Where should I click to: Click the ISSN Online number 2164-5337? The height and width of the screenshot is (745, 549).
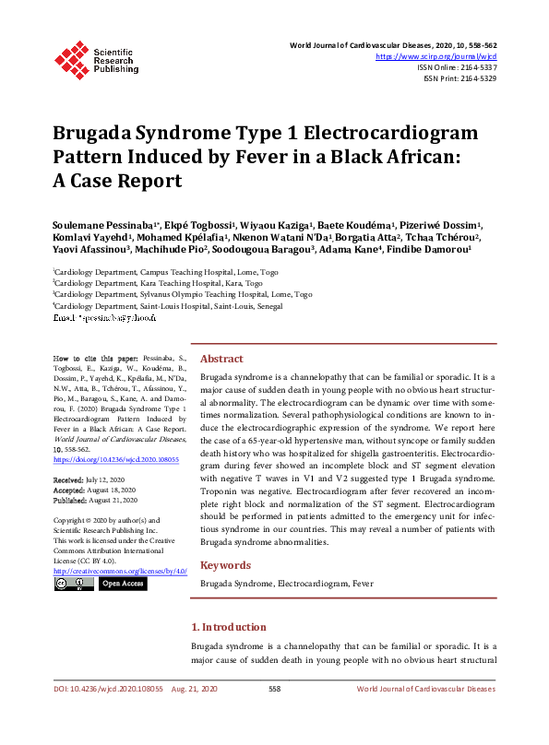(475, 67)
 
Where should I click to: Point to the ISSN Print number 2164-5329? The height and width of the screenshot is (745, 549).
(475, 78)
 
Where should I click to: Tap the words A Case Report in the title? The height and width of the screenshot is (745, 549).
(117, 181)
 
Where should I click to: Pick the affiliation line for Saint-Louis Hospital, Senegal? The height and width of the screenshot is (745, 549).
(169, 304)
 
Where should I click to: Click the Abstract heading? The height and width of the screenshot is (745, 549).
(222, 359)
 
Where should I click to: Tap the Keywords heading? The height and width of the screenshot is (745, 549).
(226, 565)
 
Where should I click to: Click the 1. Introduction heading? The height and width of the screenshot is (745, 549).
(234, 627)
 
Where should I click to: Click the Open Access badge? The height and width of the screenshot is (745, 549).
(124, 584)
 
